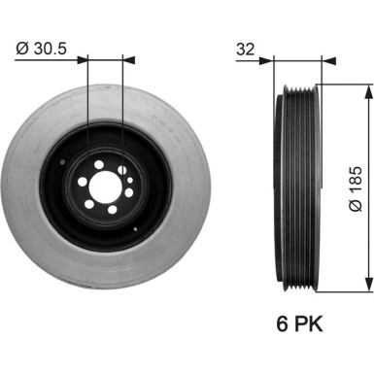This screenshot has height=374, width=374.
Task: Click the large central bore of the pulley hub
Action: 105,186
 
